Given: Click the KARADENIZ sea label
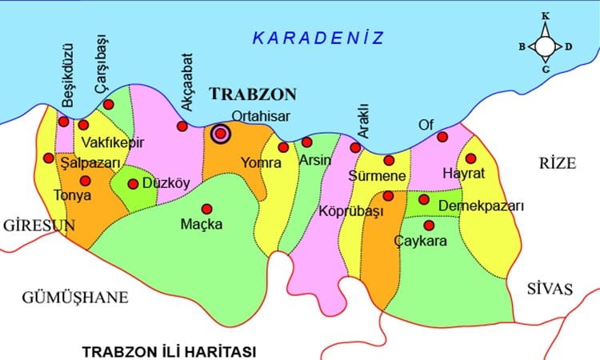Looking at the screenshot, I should click(x=318, y=38).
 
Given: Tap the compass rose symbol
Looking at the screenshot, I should click(x=545, y=46).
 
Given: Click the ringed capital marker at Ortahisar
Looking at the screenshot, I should click(x=220, y=134).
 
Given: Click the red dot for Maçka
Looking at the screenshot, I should click(x=207, y=208).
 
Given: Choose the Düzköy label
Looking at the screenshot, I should click(x=166, y=183).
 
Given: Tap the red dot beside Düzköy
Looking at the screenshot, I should click(x=133, y=183).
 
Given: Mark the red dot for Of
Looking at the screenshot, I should click(x=442, y=137).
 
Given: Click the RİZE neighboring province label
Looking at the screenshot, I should click(x=558, y=164).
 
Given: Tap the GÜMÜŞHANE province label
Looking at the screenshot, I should click(x=76, y=298).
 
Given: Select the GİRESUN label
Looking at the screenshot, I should click(x=39, y=226).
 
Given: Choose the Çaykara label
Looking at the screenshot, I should click(x=421, y=240).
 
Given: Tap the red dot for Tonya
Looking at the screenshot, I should click(x=86, y=181).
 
